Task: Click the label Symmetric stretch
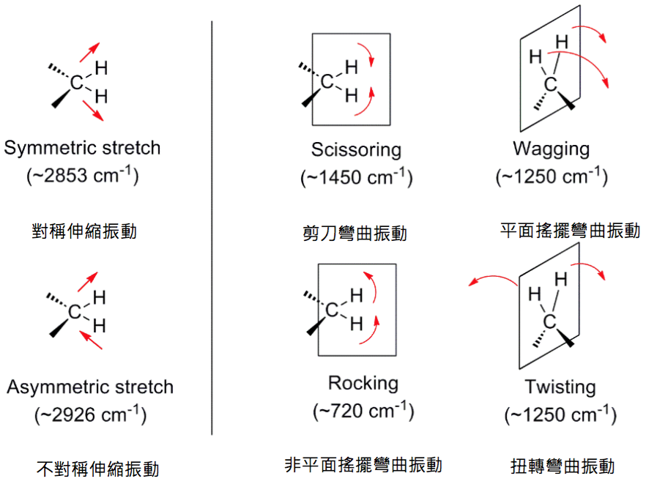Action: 82,148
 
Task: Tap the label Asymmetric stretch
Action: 90,387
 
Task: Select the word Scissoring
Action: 356,150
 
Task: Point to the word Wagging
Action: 551,149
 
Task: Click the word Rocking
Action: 363,383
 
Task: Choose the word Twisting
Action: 560,387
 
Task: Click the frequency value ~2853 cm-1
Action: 82,176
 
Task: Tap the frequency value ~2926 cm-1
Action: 90,415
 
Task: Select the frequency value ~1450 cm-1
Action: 356,178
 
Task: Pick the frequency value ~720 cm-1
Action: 363,412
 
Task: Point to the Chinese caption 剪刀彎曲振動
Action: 355,234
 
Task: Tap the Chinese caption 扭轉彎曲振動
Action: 563,466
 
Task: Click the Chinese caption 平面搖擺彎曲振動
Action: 570,231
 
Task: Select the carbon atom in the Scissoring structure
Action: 327,81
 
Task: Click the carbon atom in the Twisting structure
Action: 549,321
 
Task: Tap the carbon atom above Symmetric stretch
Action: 77,83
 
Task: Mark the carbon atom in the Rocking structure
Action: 332,310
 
